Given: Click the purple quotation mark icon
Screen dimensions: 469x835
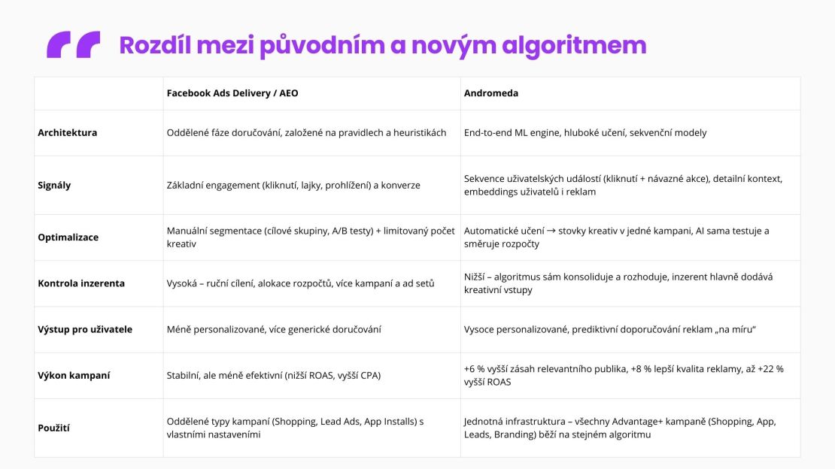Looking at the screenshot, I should coord(73,45).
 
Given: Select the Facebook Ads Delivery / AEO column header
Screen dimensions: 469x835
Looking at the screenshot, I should coord(232,93).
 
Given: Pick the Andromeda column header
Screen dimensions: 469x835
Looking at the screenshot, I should coord(491,93).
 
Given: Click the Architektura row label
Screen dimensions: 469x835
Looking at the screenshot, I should coord(68,133).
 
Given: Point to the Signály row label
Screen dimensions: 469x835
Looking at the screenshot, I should coord(54,185).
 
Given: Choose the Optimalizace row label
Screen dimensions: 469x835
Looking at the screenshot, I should coord(68,238).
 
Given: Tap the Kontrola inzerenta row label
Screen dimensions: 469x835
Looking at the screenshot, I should coord(81,283).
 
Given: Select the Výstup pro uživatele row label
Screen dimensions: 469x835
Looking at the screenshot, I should coord(85,329).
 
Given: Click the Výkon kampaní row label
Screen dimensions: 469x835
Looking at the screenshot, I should coord(74,375).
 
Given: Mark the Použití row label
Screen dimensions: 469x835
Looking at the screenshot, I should coord(54,428).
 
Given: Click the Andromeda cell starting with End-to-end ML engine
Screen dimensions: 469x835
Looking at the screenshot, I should coord(585,133).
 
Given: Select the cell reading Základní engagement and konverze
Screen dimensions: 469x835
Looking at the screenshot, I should coord(293,185).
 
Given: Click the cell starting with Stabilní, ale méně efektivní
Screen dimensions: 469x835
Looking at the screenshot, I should coord(274,375).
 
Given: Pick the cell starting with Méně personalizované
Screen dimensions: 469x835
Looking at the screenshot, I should coord(274,329).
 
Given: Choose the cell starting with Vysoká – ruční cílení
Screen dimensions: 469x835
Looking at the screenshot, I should coord(300,283).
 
